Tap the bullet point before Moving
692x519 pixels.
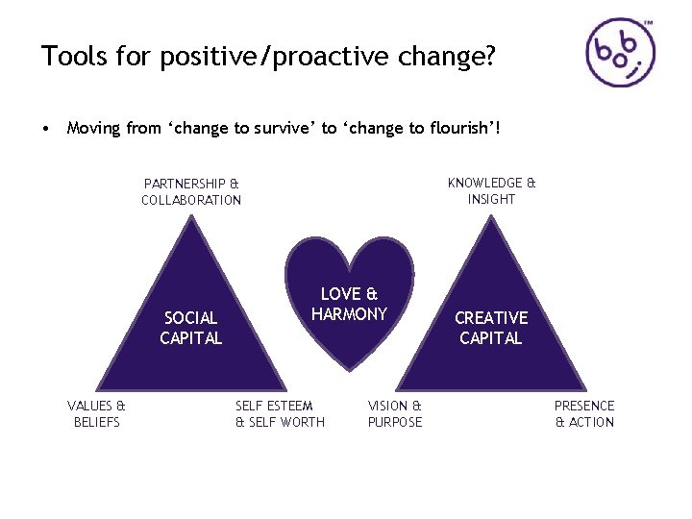coord(46,128)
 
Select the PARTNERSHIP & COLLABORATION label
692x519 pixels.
coord(191,191)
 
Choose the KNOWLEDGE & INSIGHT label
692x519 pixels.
coord(491,190)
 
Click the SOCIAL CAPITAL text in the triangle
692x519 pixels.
coord(190,328)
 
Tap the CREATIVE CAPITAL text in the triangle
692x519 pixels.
coord(491,328)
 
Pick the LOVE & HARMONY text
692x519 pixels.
coord(349,304)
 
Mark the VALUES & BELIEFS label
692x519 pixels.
coord(96,414)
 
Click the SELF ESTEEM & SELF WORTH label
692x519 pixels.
coord(280,414)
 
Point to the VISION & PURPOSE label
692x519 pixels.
coord(395,414)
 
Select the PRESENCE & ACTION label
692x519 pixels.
coord(584,414)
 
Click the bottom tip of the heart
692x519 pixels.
coord(349,370)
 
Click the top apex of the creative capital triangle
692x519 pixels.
coord(492,216)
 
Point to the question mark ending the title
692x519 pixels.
coord(489,57)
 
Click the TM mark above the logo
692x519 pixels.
coord(649,20)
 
